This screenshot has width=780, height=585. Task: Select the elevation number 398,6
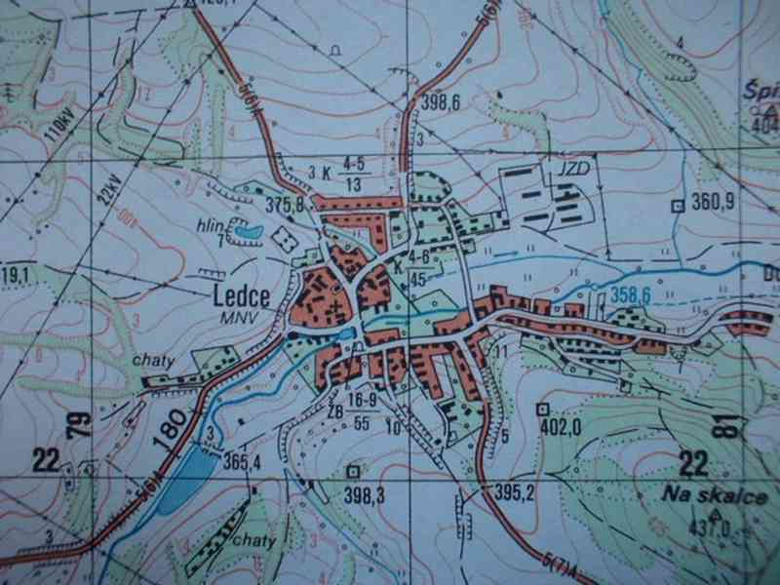[441, 101]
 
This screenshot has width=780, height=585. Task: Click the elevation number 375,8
[286, 204]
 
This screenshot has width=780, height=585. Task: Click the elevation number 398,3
[365, 496]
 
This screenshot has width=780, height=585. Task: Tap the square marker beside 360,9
[677, 205]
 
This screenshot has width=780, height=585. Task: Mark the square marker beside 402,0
[543, 409]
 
